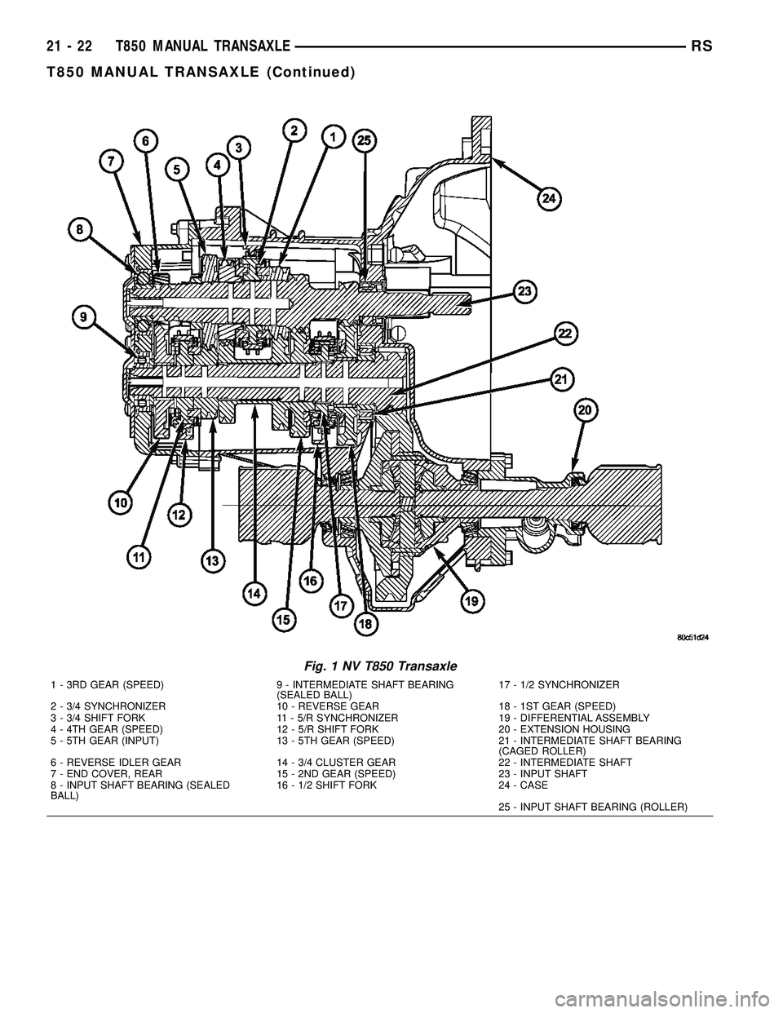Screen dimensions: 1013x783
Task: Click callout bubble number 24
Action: click(549, 197)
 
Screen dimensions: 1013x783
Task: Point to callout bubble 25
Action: click(364, 140)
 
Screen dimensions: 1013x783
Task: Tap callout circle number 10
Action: click(120, 504)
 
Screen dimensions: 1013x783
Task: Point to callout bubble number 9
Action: click(83, 315)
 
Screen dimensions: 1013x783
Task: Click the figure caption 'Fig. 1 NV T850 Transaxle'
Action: click(379, 665)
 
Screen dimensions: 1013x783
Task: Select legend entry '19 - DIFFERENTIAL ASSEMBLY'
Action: click(574, 718)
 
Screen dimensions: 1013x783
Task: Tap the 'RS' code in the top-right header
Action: click(702, 47)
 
